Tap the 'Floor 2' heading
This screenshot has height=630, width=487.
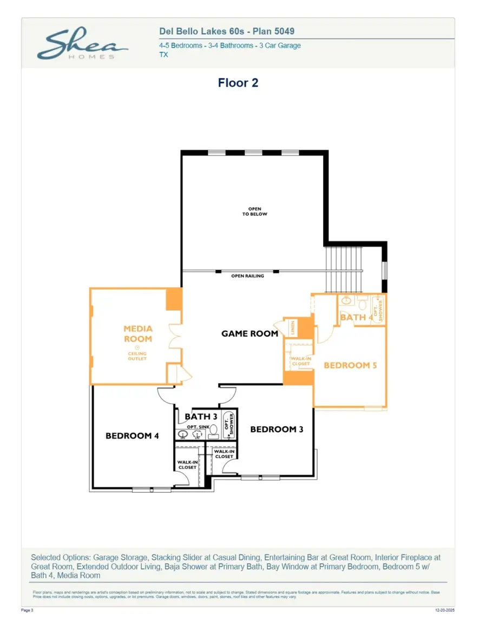tap(238, 83)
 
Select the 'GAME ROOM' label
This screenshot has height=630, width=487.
tap(249, 334)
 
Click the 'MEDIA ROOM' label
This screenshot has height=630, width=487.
tap(137, 333)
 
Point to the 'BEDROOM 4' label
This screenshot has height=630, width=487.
tap(131, 435)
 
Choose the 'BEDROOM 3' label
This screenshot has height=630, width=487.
tap(277, 429)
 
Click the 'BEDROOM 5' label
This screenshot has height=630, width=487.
tap(350, 365)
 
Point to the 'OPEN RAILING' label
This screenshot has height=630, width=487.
tap(247, 276)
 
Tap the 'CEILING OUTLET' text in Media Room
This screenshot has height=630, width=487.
tap(137, 356)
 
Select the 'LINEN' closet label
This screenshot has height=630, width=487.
tap(292, 327)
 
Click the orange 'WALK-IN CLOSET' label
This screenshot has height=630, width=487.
tap(300, 361)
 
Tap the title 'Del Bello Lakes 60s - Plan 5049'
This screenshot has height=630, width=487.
tap(227, 32)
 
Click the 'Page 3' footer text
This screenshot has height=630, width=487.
tap(27, 610)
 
